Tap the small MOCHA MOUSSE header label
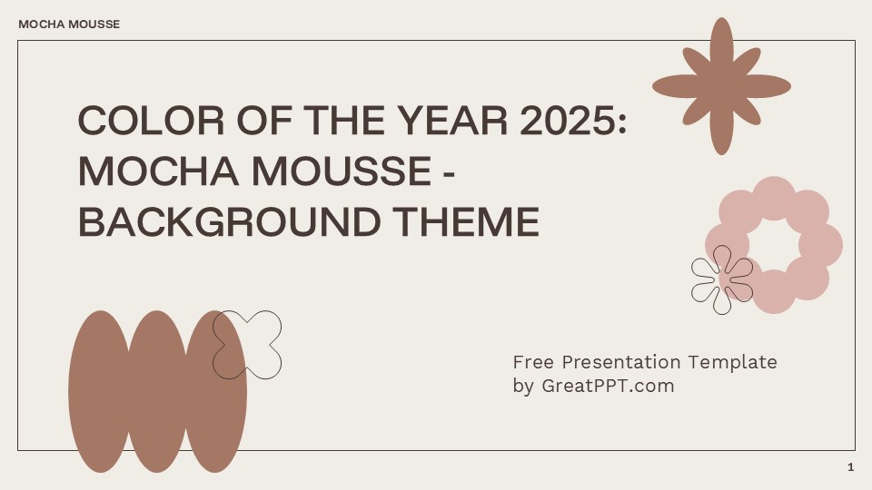[69, 24]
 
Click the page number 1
[850, 467]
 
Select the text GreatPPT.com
[608, 386]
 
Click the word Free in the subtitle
[533, 362]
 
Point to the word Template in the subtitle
[732, 362]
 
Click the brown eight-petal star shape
[721, 86]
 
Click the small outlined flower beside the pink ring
[722, 279]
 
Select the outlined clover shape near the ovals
[248, 345]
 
